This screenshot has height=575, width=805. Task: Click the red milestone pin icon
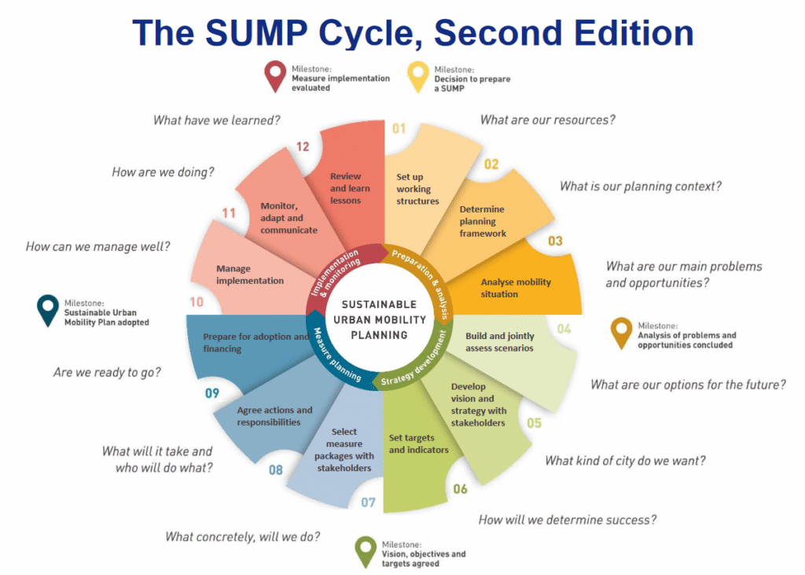point(274,76)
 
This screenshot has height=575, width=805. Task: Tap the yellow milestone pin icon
point(418,76)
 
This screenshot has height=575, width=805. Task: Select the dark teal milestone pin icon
point(48,310)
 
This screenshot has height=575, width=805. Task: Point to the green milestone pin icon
point(366,552)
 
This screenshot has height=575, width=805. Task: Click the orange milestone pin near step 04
point(621,333)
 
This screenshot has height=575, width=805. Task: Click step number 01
point(399,128)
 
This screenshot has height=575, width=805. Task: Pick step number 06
point(460,488)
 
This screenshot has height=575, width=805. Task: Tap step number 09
point(212,393)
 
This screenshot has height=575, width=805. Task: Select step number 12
point(303,147)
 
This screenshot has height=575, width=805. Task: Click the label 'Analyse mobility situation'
point(516,288)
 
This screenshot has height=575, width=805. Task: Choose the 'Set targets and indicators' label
point(418,444)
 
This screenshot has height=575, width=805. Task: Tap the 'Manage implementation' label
point(249,275)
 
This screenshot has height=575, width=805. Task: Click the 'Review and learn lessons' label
point(350,188)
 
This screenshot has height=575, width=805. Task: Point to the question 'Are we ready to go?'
point(107,372)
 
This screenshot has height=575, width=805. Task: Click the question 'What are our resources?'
point(547,120)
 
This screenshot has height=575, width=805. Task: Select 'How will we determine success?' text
point(568,520)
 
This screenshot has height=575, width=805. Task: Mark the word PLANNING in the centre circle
point(379,335)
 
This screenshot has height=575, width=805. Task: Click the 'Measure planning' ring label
point(335,356)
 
